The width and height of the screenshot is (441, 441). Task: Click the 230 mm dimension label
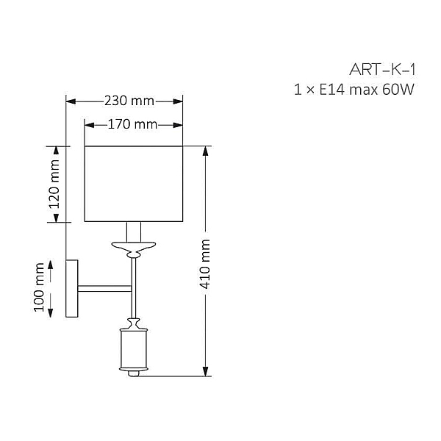point(129,101)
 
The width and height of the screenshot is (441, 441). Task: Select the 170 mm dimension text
point(133,124)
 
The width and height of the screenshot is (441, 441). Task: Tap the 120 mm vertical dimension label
point(54,184)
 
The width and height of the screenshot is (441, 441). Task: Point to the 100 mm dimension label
point(39,287)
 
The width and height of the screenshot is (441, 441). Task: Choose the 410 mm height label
point(205,264)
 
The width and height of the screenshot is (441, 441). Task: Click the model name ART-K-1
point(382,70)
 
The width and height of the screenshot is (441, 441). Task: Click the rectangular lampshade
point(134,184)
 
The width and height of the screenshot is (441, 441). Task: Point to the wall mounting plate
point(72,289)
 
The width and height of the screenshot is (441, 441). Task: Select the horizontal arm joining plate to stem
point(104,289)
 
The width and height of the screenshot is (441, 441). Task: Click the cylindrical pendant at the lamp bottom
point(134,349)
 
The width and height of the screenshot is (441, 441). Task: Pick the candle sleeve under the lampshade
point(134,232)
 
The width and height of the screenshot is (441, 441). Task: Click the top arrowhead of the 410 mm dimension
point(206,151)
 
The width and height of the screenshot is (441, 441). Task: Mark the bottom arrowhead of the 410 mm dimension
point(206,371)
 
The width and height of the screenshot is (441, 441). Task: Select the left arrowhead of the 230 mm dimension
point(71,101)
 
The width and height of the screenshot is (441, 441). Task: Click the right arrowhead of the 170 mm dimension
point(178,125)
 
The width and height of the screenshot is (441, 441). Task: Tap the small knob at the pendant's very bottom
point(134,374)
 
